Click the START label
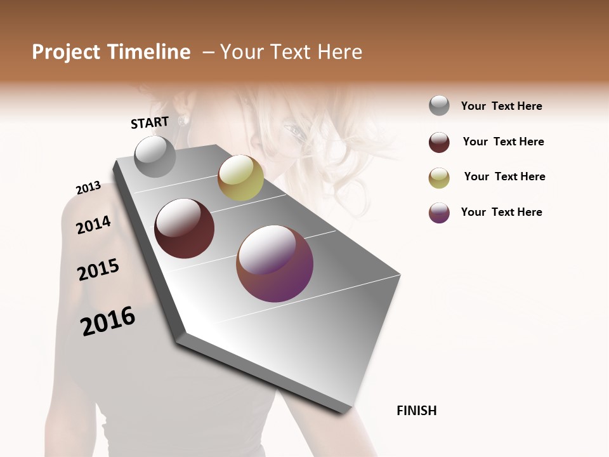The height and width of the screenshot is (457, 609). tap(150, 123)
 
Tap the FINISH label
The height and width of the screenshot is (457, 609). tap(416, 411)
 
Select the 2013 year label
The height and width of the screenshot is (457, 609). tap(88, 188)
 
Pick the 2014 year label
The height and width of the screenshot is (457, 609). tap(93, 225)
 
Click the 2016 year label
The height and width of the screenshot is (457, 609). tap(108, 321)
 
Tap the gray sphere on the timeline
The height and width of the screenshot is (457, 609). tap(155, 157)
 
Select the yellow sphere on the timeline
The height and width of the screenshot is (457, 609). tap(240, 178)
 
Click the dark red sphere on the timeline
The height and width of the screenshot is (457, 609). tap(184, 228)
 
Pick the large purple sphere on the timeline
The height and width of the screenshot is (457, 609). tap(275, 263)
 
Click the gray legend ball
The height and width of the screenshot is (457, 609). tap(439, 105)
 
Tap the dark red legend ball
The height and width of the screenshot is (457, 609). tap(439, 142)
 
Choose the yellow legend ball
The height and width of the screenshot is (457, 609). tap(439, 178)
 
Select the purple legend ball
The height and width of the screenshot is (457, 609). tap(439, 213)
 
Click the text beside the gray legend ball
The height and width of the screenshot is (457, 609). tap(501, 106)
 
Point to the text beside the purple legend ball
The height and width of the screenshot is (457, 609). tap(501, 212)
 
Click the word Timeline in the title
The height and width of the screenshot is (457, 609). tap(149, 52)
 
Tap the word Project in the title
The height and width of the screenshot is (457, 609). tap(66, 52)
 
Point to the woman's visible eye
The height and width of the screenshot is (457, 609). tap(293, 131)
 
